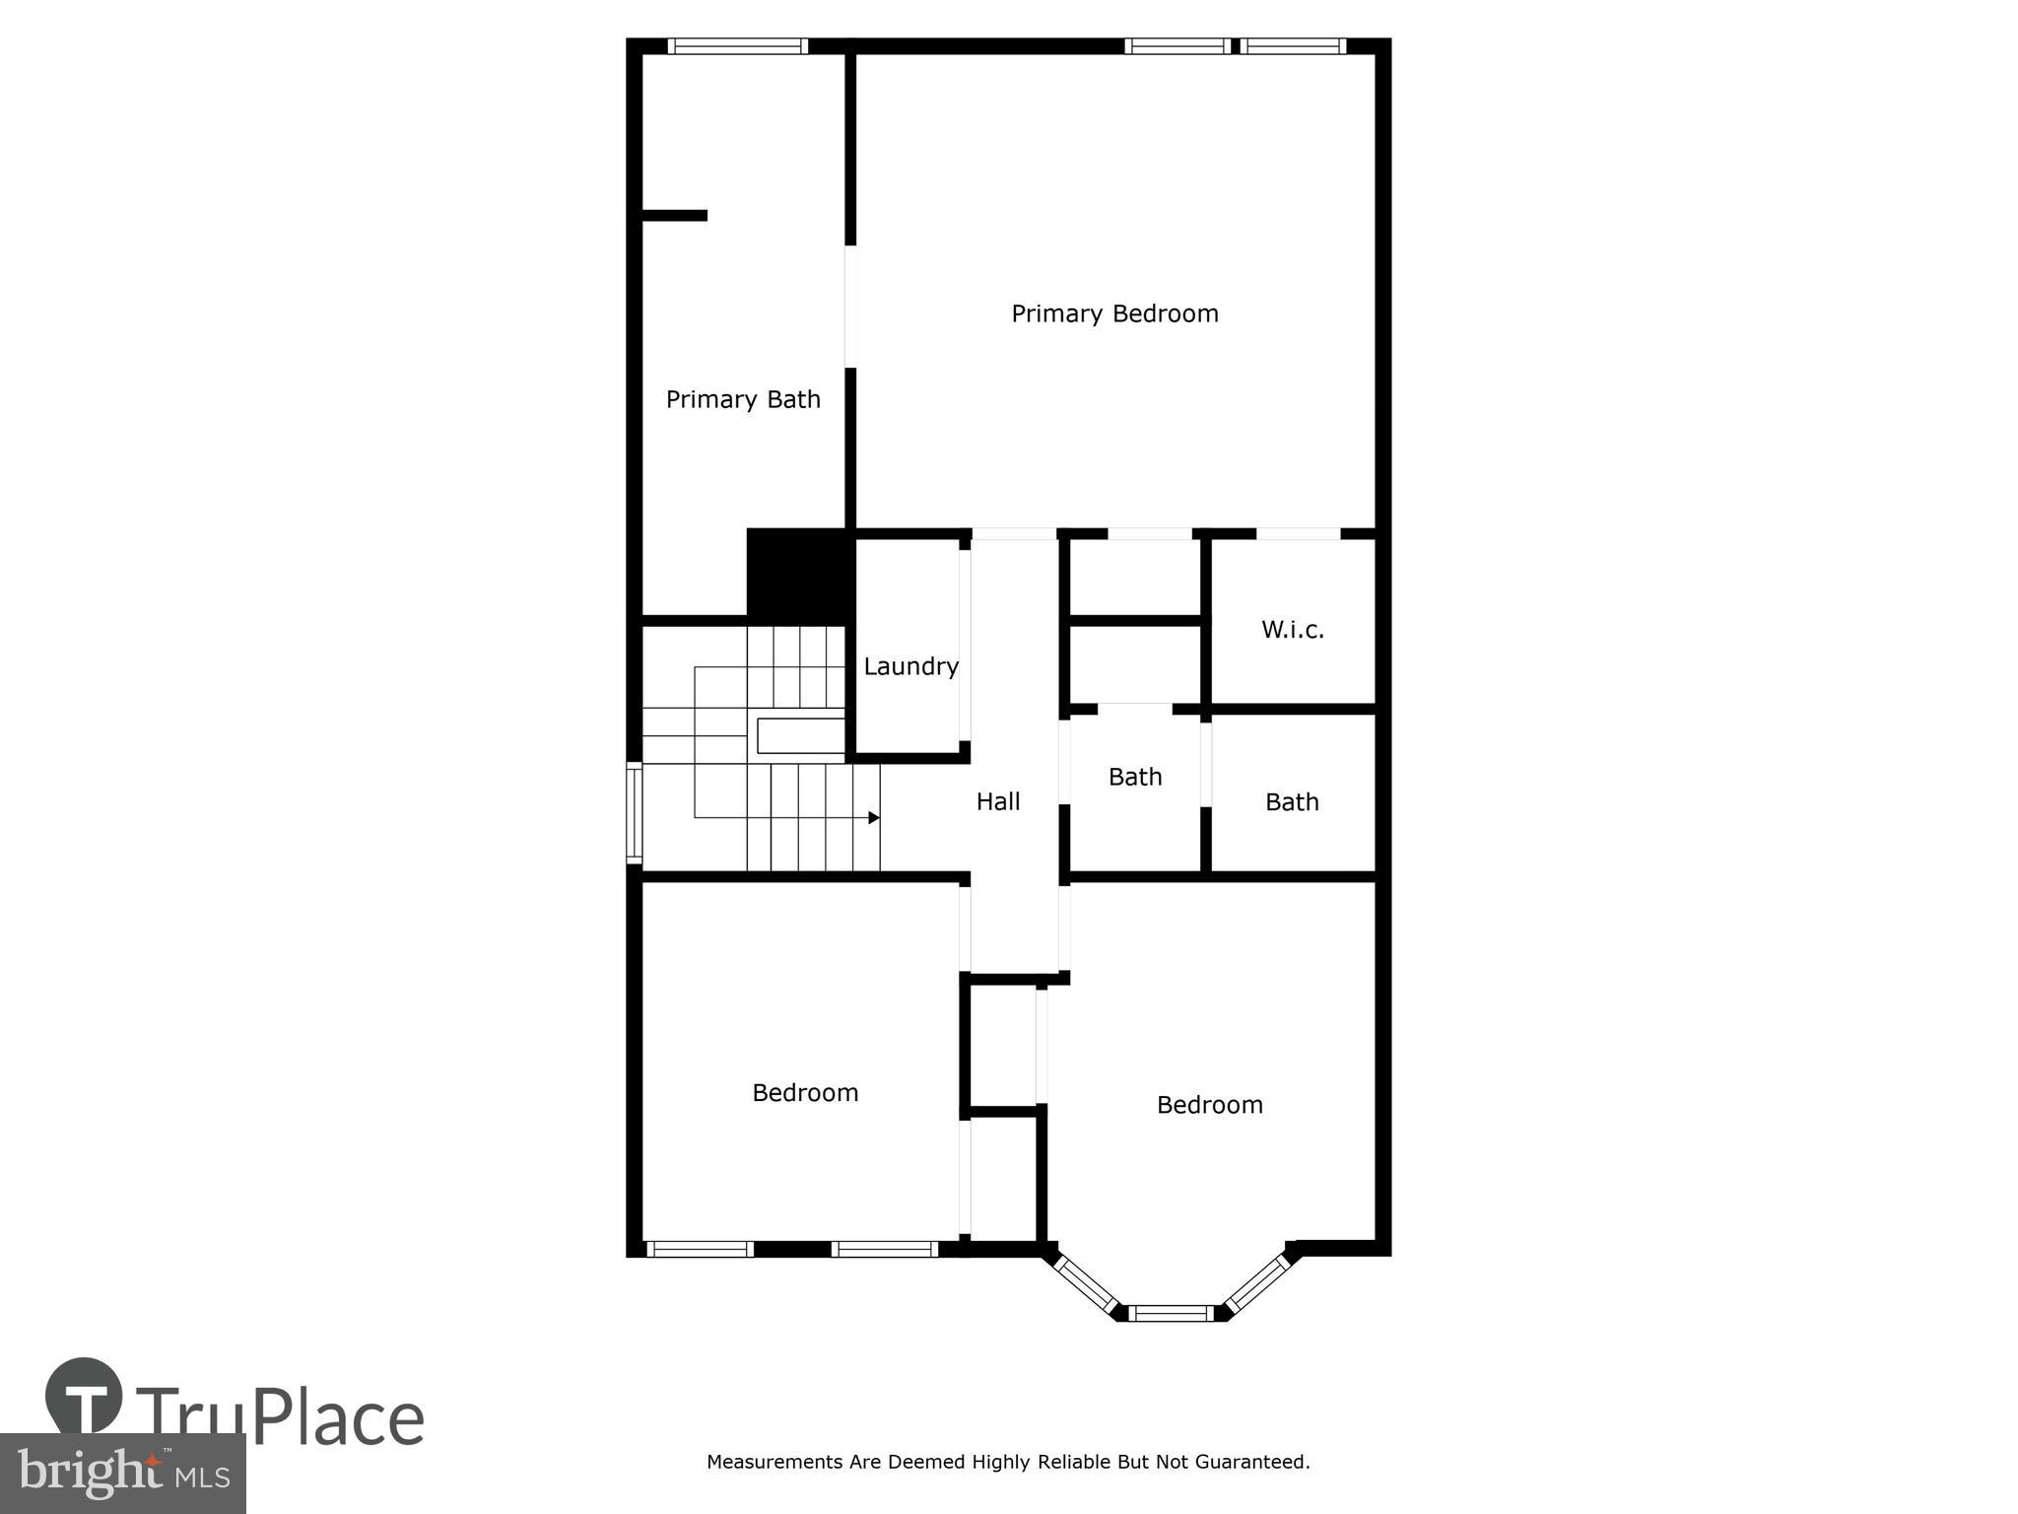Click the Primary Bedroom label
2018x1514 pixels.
click(1114, 314)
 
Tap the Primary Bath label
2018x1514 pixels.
click(743, 400)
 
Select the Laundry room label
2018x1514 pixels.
click(910, 667)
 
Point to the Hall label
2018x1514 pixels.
click(997, 802)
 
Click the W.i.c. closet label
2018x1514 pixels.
click(1292, 630)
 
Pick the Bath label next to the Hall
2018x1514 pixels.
click(1134, 778)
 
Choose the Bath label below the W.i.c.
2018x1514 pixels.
click(1291, 802)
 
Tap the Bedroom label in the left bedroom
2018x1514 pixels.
click(805, 1093)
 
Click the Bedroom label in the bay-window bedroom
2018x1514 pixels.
click(1209, 1105)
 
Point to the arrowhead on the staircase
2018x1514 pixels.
click(873, 818)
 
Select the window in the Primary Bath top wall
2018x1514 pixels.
click(737, 46)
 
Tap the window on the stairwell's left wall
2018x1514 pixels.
click(635, 815)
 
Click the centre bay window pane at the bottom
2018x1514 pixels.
click(1171, 1313)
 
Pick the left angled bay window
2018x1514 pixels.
click(1085, 1283)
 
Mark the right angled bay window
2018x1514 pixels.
click(1257, 1283)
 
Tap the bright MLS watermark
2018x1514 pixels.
click(123, 1474)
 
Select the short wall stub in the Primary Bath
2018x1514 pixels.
click(674, 215)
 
